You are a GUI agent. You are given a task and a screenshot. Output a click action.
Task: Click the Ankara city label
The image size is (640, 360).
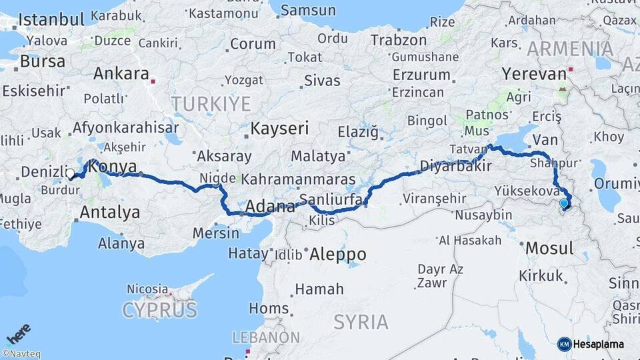[121, 74]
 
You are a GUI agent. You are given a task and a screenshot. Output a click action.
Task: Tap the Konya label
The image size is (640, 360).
[113, 167]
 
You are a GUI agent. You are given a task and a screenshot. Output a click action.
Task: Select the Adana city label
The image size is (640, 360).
[270, 207]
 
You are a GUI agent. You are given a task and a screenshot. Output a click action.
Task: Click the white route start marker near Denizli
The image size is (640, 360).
[70, 174]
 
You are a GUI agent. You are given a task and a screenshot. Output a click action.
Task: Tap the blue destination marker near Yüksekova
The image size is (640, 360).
[564, 204]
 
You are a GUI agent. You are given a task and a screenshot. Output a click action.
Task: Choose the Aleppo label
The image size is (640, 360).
[337, 254]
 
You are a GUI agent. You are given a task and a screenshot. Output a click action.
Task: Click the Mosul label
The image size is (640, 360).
[549, 249]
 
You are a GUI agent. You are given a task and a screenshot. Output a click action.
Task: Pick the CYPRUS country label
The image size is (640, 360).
[159, 309]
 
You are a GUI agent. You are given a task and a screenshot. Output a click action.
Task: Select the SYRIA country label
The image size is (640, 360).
[361, 322]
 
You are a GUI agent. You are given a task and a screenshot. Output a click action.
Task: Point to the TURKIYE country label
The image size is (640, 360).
[211, 103]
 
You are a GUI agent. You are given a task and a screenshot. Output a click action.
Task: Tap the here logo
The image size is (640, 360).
[19, 333]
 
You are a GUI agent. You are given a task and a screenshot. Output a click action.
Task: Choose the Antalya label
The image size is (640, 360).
[109, 213]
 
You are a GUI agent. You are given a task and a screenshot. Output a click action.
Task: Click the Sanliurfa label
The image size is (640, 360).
[331, 199]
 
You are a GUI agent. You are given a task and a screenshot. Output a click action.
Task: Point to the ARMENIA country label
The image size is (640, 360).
[570, 49]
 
